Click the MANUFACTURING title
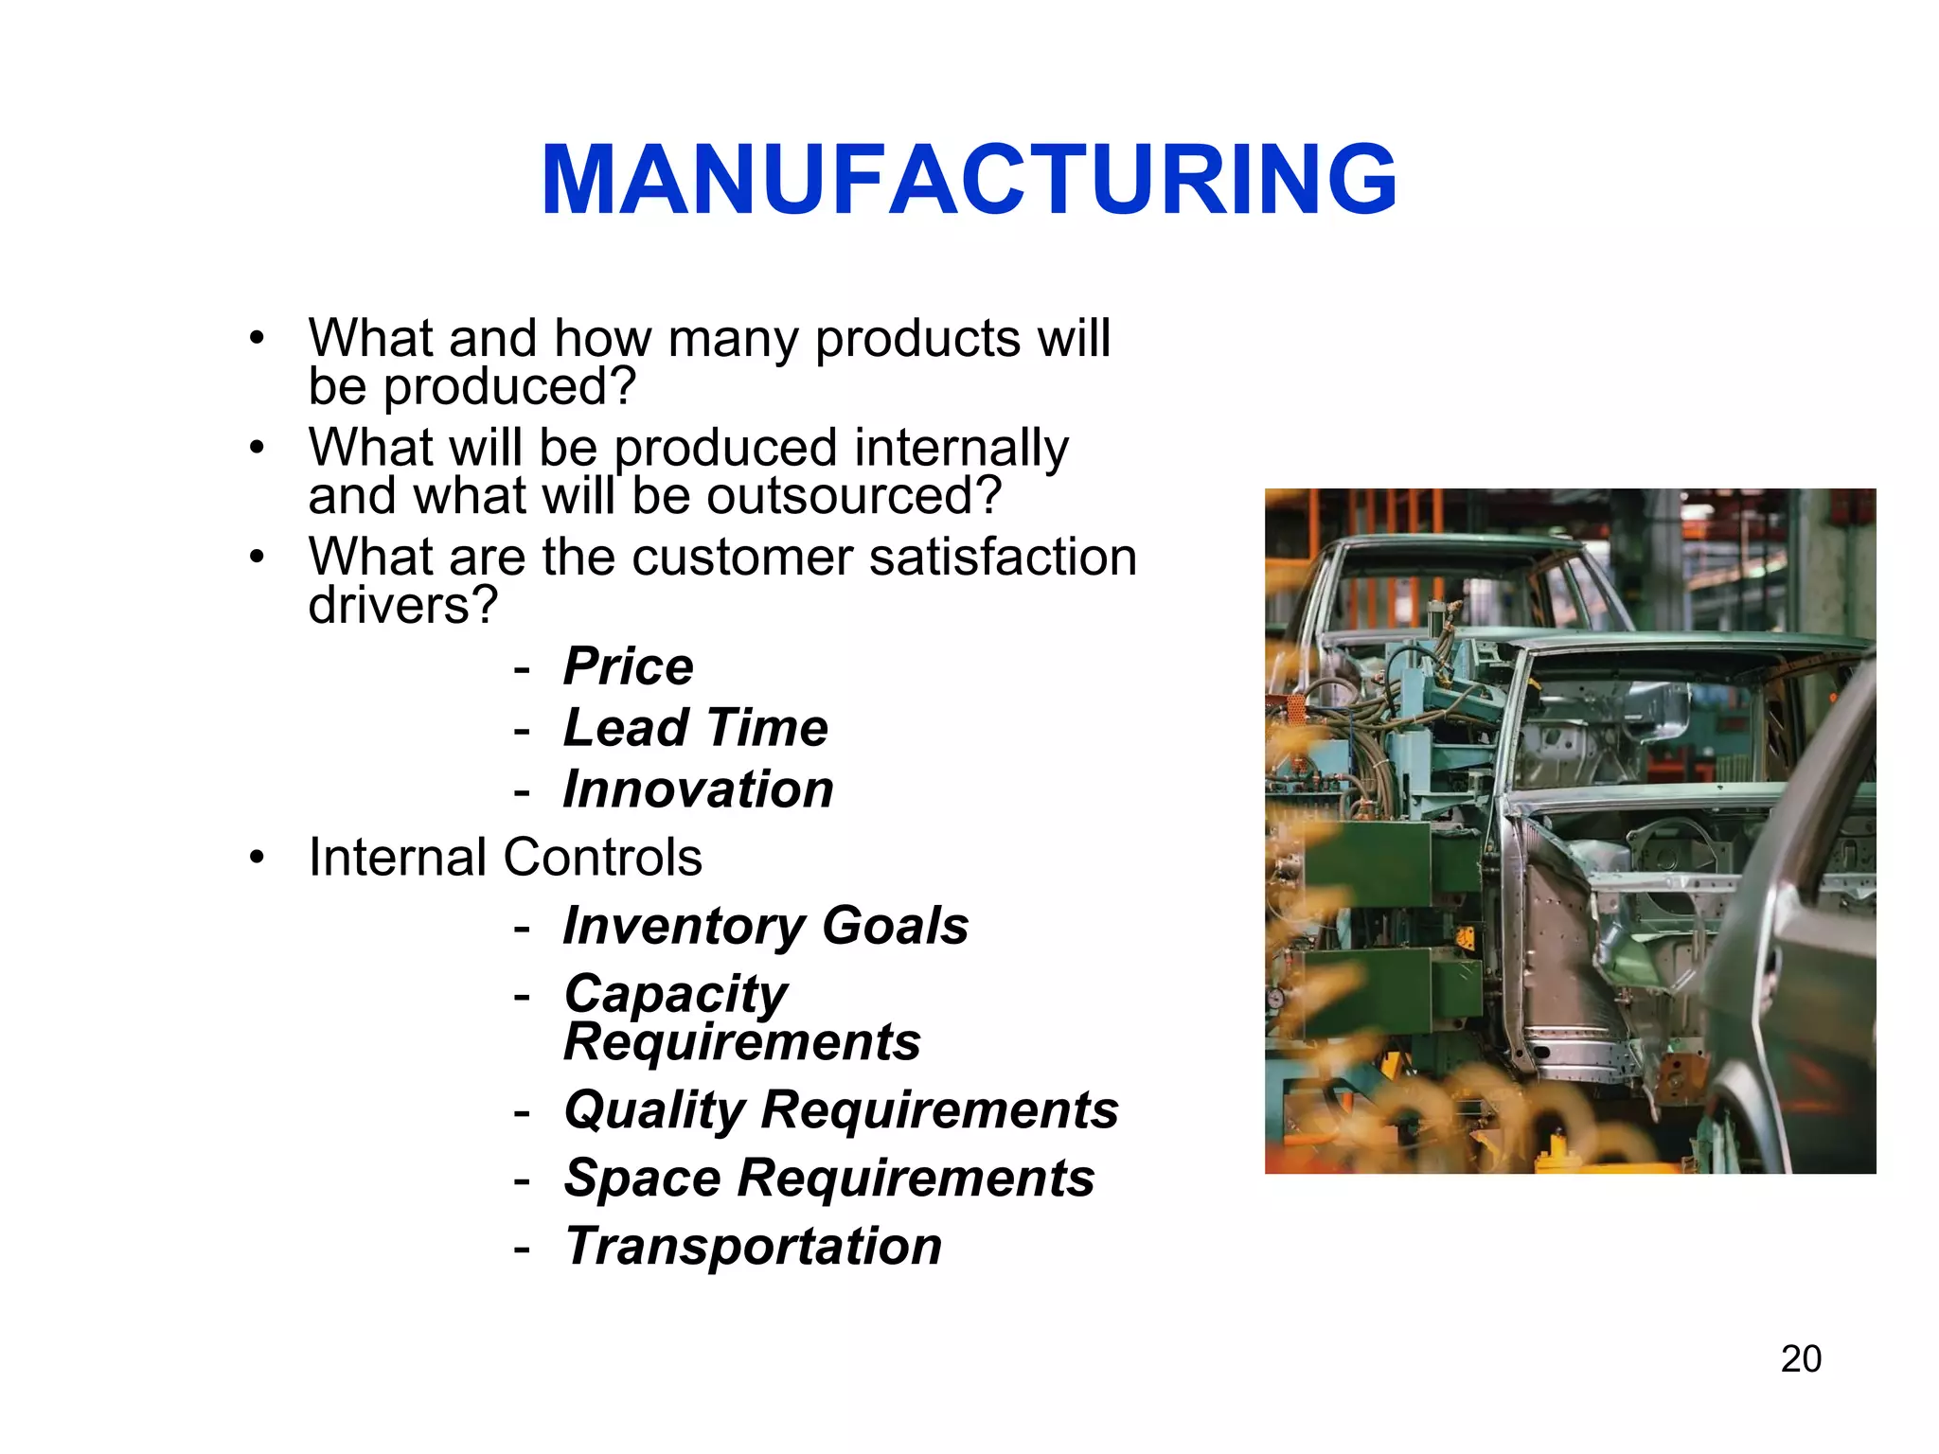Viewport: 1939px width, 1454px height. coord(969,180)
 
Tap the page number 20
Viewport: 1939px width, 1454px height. coord(1801,1358)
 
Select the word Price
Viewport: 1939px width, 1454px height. coord(628,665)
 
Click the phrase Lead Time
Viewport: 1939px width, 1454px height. coord(695,727)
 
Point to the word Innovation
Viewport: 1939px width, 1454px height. coord(698,789)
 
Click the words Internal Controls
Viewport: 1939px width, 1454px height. coord(505,857)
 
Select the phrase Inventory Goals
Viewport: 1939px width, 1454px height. coord(765,925)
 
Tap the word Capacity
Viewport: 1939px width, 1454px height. coord(675,994)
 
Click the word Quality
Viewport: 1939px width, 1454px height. coord(654,1109)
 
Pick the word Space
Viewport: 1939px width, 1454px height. coord(643,1179)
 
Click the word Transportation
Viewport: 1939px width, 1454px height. coord(753,1246)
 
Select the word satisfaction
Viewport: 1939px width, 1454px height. coord(1003,557)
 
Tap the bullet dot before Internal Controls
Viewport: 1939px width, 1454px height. coord(257,858)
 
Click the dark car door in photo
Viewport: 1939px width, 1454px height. coord(1799,947)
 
